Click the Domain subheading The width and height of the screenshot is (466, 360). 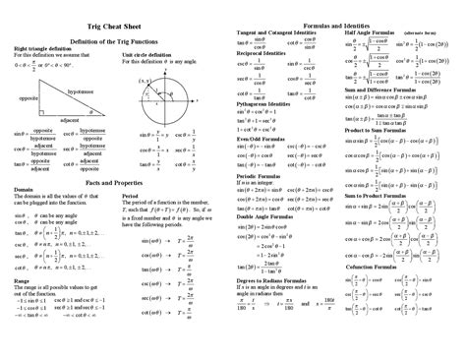pos(24,197)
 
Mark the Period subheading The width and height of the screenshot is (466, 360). pos(132,197)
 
